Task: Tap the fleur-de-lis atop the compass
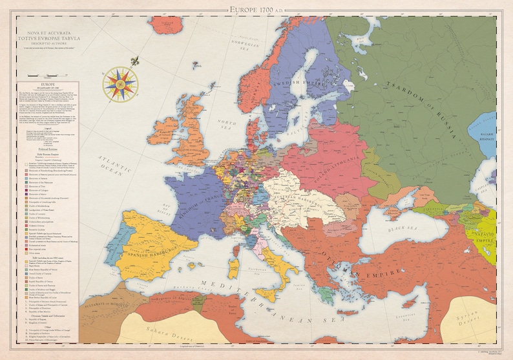[135, 63]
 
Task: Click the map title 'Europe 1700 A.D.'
[256, 9]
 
